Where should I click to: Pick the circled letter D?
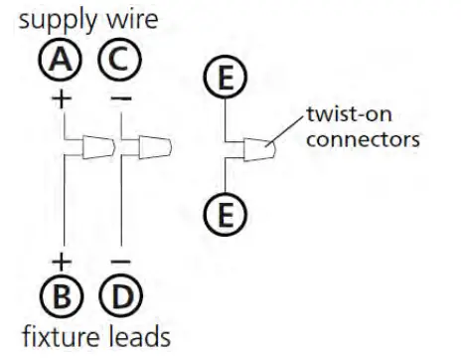coord(119,295)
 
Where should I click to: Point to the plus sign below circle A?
coord(63,100)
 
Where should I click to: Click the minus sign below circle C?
coord(119,100)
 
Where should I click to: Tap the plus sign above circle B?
coord(63,262)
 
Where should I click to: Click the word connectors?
coord(362,140)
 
